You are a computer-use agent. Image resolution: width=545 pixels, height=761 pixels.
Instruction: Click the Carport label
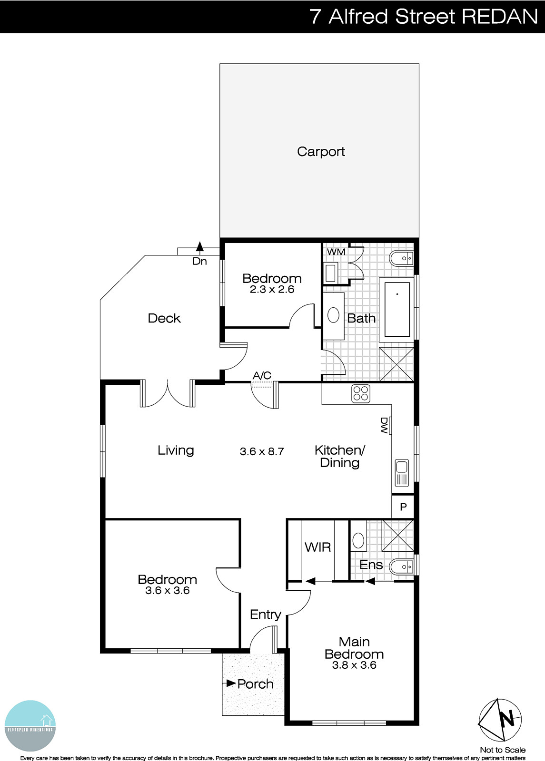(321, 152)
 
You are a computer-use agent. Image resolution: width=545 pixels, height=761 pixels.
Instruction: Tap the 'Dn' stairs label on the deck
(200, 261)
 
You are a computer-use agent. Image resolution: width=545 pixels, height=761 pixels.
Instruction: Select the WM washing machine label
(336, 252)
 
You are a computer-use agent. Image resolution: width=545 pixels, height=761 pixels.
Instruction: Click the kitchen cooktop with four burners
(361, 393)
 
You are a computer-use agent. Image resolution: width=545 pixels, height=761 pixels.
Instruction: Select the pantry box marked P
(403, 507)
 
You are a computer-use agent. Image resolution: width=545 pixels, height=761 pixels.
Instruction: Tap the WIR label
(317, 547)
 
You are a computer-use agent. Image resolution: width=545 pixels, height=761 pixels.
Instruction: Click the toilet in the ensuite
(401, 566)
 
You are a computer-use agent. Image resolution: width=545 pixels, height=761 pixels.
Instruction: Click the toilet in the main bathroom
(401, 259)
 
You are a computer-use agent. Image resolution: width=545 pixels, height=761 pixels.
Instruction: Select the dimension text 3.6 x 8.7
(262, 451)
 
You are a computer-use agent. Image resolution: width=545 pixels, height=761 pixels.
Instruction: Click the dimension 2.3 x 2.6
(272, 289)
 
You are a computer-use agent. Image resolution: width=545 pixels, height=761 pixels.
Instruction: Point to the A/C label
(262, 376)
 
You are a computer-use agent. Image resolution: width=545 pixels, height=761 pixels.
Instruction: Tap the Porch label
(255, 684)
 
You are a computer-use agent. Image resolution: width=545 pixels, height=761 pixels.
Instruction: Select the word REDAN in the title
(499, 17)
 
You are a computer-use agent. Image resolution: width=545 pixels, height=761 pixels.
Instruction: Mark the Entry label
(265, 615)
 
